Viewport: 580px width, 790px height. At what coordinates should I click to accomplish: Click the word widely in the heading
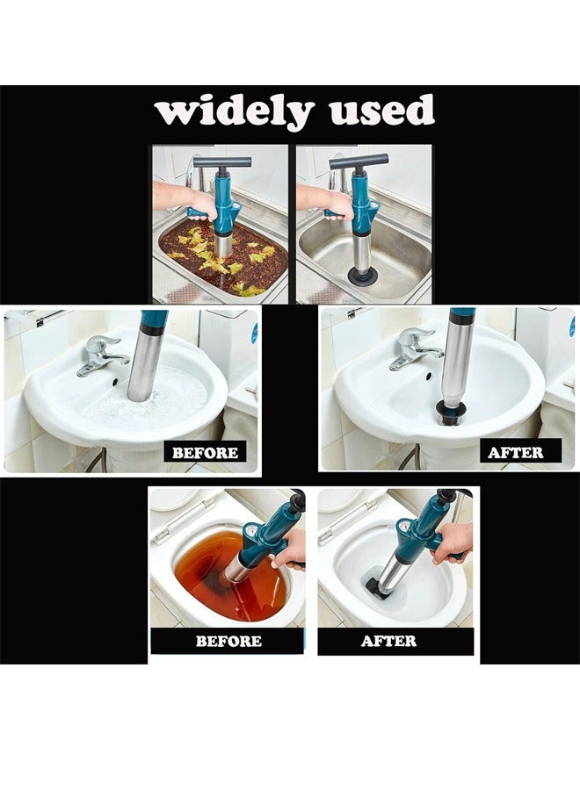point(233,112)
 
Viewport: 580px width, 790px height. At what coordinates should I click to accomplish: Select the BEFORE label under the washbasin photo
point(205,453)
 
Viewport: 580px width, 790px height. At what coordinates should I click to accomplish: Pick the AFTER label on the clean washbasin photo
point(516,453)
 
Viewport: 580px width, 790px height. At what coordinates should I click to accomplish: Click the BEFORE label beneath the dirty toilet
point(228,641)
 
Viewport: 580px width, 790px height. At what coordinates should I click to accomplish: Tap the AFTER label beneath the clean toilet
point(388,641)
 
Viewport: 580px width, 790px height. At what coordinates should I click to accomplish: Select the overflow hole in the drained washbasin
point(431,376)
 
